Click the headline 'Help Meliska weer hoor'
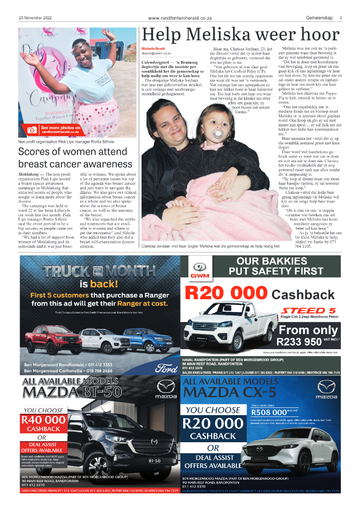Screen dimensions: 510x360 point(241,36)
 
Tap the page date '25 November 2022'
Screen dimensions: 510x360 point(35,18)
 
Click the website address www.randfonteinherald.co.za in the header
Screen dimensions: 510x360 point(180,18)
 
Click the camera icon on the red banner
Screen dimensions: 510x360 point(32,130)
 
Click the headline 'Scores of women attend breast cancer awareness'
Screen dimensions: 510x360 point(75,158)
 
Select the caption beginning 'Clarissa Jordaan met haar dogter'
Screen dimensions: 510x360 point(211,246)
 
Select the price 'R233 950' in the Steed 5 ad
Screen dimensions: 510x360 point(299,341)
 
